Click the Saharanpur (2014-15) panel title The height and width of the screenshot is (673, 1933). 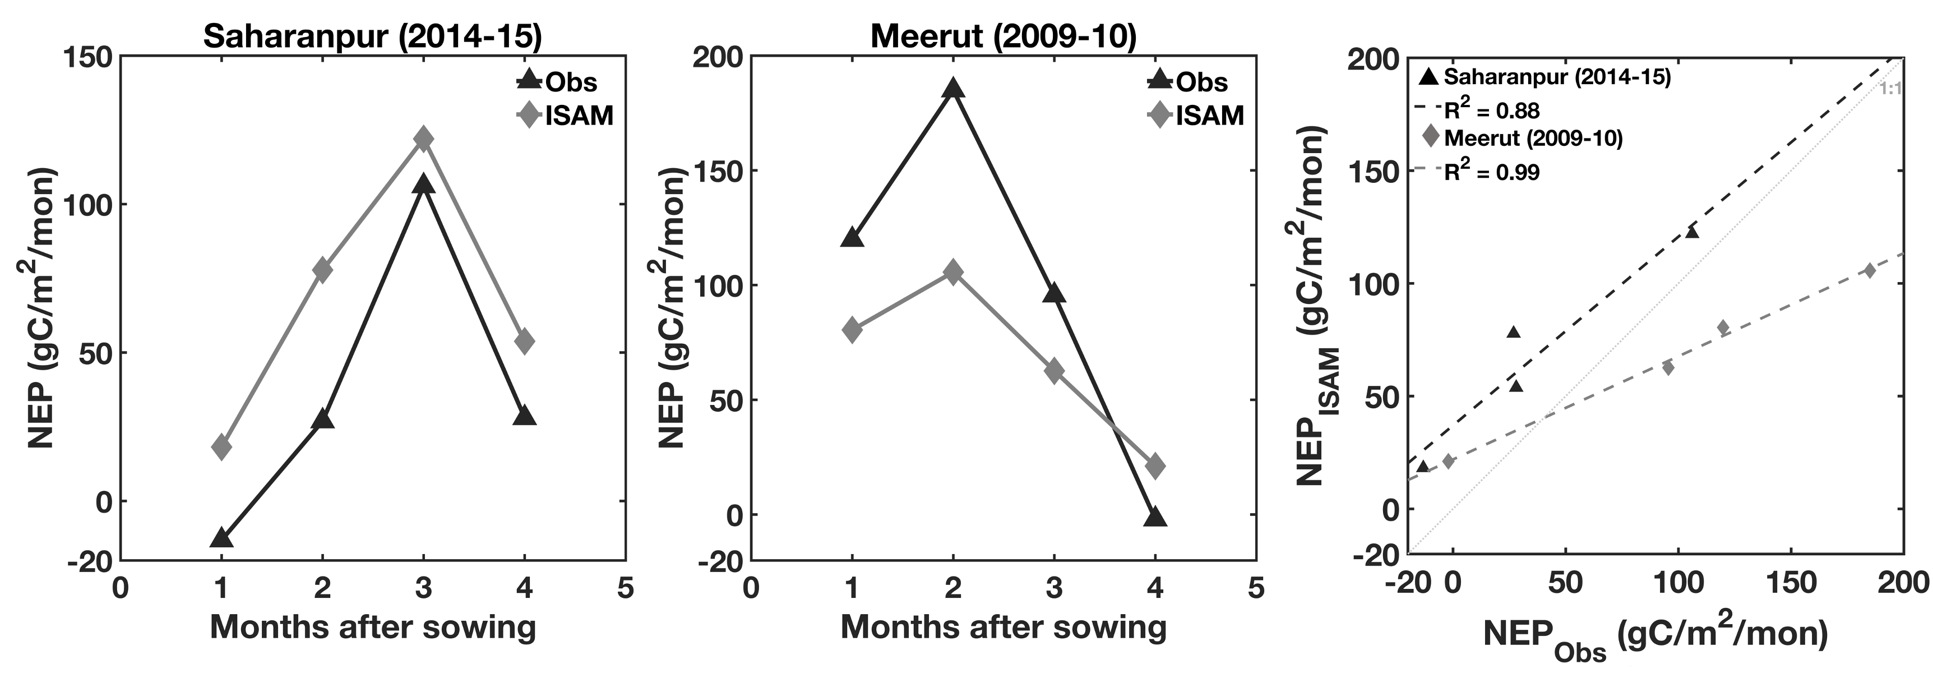372,36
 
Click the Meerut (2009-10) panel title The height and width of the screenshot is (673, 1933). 1004,36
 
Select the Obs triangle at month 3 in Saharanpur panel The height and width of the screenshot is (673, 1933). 423,184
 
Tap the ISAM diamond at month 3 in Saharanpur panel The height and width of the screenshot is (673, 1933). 423,139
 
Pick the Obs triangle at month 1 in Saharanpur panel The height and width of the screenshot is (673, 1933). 221,537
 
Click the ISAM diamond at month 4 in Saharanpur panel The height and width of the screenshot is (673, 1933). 525,340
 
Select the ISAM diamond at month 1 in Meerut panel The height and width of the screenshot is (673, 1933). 852,329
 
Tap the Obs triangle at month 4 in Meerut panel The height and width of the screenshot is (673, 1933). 1155,516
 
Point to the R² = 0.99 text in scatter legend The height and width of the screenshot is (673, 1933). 1492,172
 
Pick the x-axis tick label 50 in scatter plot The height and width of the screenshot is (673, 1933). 1565,583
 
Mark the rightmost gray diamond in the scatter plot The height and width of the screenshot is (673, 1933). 1869,271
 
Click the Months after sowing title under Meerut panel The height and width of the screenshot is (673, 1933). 1004,626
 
